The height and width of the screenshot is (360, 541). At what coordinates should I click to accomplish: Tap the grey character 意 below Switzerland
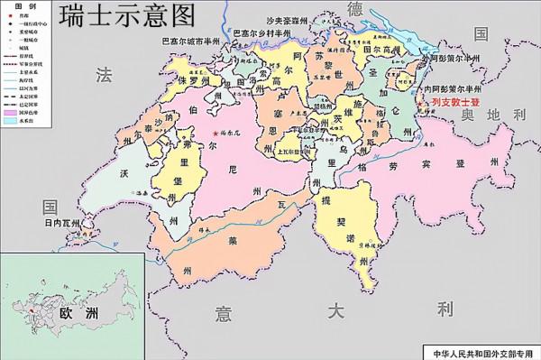pyautogui.click(x=223, y=312)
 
